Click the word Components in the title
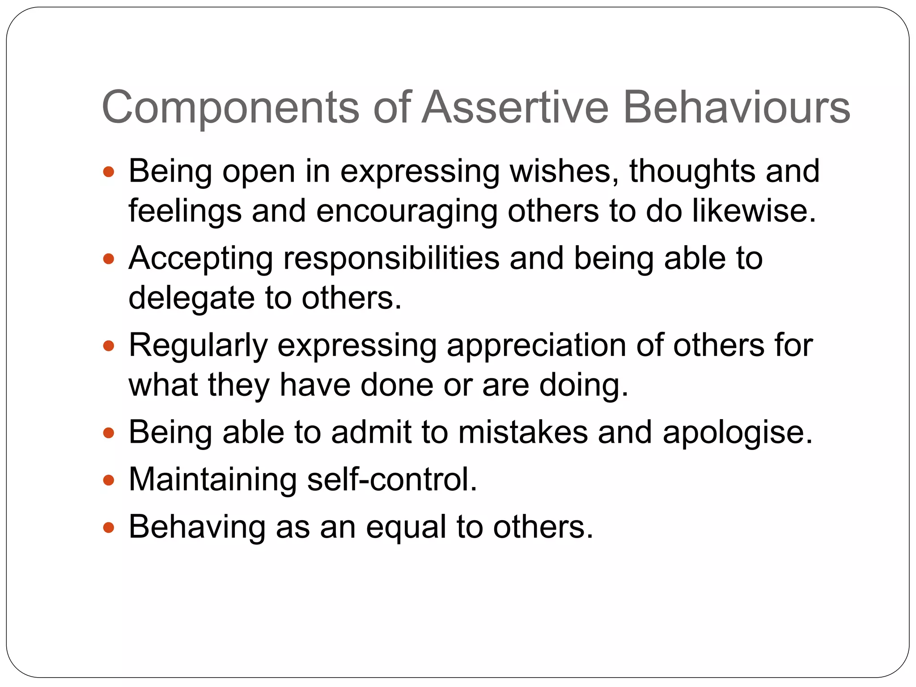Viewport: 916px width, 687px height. pos(231,108)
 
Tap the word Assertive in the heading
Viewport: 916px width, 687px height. pos(515,107)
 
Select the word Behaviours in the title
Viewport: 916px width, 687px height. pos(736,107)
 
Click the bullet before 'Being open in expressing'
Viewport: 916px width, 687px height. pos(109,171)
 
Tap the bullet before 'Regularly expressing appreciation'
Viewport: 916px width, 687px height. pos(109,346)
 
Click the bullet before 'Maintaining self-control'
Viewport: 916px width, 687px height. pos(109,480)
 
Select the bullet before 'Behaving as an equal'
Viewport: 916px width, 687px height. pos(109,527)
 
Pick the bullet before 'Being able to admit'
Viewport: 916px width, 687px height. pos(109,433)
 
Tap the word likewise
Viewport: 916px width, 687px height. pos(754,211)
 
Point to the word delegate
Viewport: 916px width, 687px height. pos(191,298)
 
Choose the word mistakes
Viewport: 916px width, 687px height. pos(523,433)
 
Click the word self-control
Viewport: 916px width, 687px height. pos(392,480)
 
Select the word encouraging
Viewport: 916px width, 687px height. pos(407,212)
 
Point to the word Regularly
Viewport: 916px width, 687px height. pos(198,347)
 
